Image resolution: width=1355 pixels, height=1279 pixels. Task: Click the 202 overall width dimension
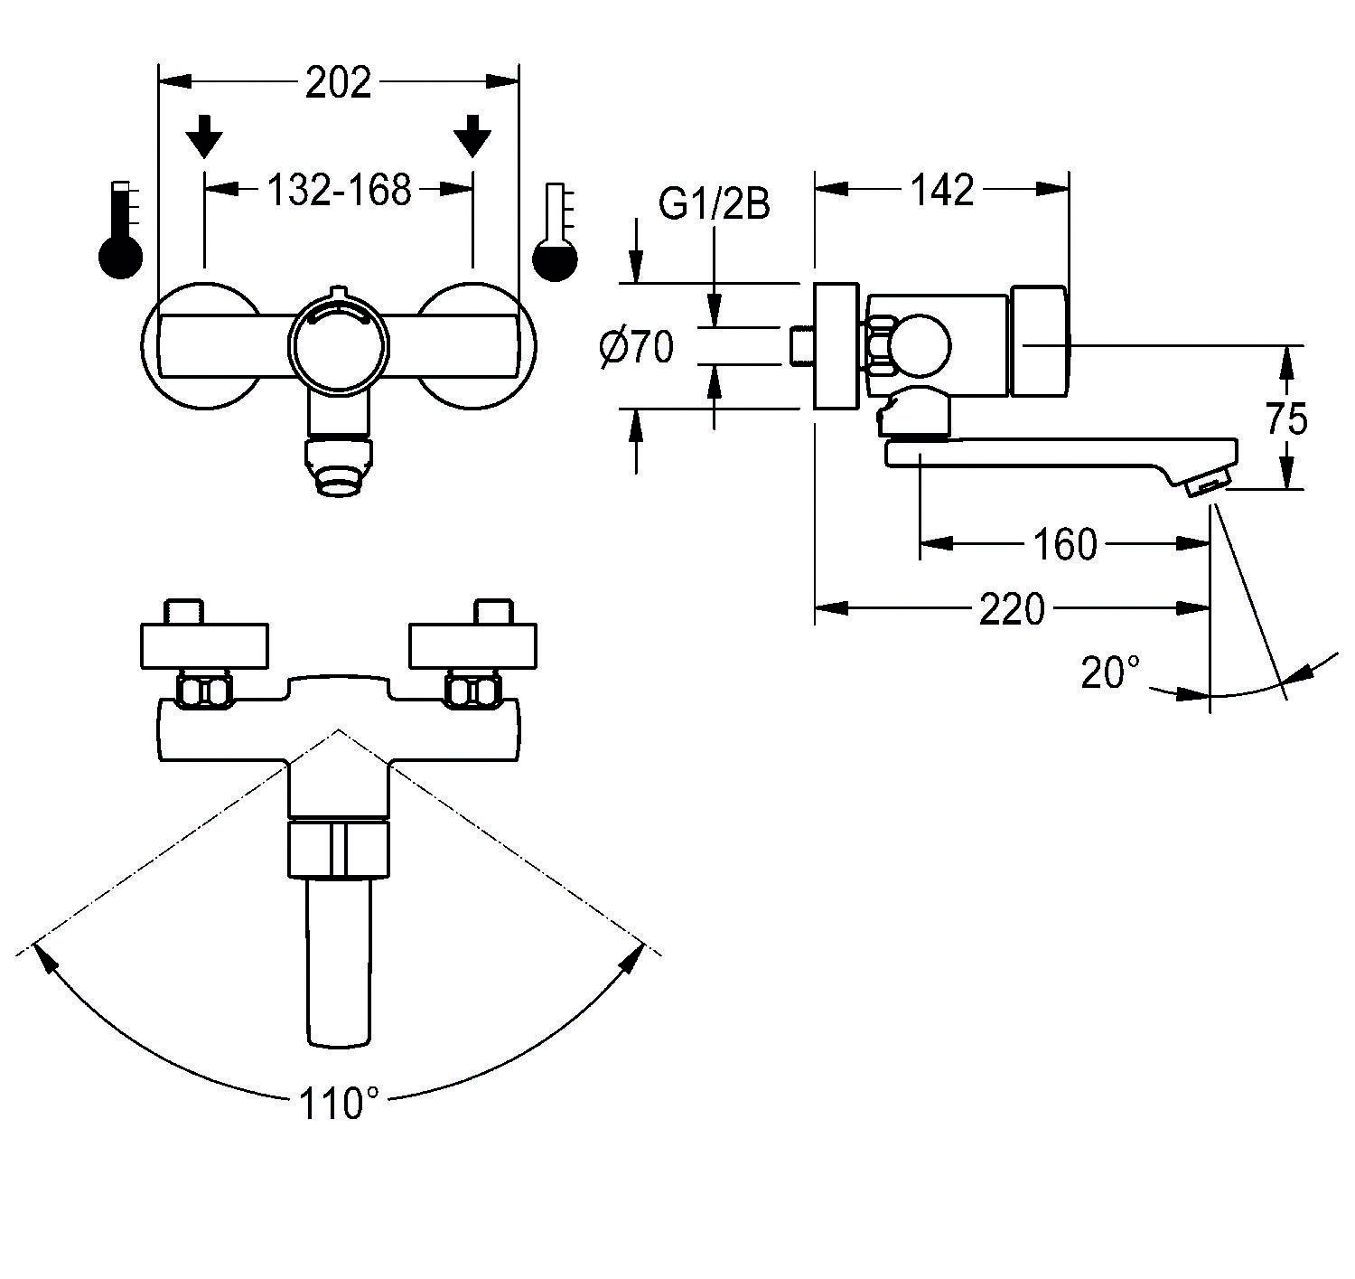(x=338, y=83)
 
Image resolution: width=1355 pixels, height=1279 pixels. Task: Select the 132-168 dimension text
(x=338, y=190)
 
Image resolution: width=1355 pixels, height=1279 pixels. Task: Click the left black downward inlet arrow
(x=206, y=136)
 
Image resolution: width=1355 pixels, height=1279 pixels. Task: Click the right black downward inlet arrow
(x=472, y=136)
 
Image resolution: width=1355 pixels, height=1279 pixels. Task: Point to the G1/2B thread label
(x=714, y=205)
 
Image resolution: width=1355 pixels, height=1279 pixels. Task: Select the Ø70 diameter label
(x=637, y=347)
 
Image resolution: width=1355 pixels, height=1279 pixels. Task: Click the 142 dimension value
(x=942, y=190)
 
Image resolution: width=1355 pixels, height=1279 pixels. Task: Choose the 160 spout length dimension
(x=1066, y=544)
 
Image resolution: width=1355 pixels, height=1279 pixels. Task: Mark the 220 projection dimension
(x=1012, y=609)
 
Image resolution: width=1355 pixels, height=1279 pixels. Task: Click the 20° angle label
(x=1111, y=672)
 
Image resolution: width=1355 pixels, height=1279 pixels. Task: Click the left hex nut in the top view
(x=206, y=691)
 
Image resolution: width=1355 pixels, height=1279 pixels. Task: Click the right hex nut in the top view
(x=472, y=691)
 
